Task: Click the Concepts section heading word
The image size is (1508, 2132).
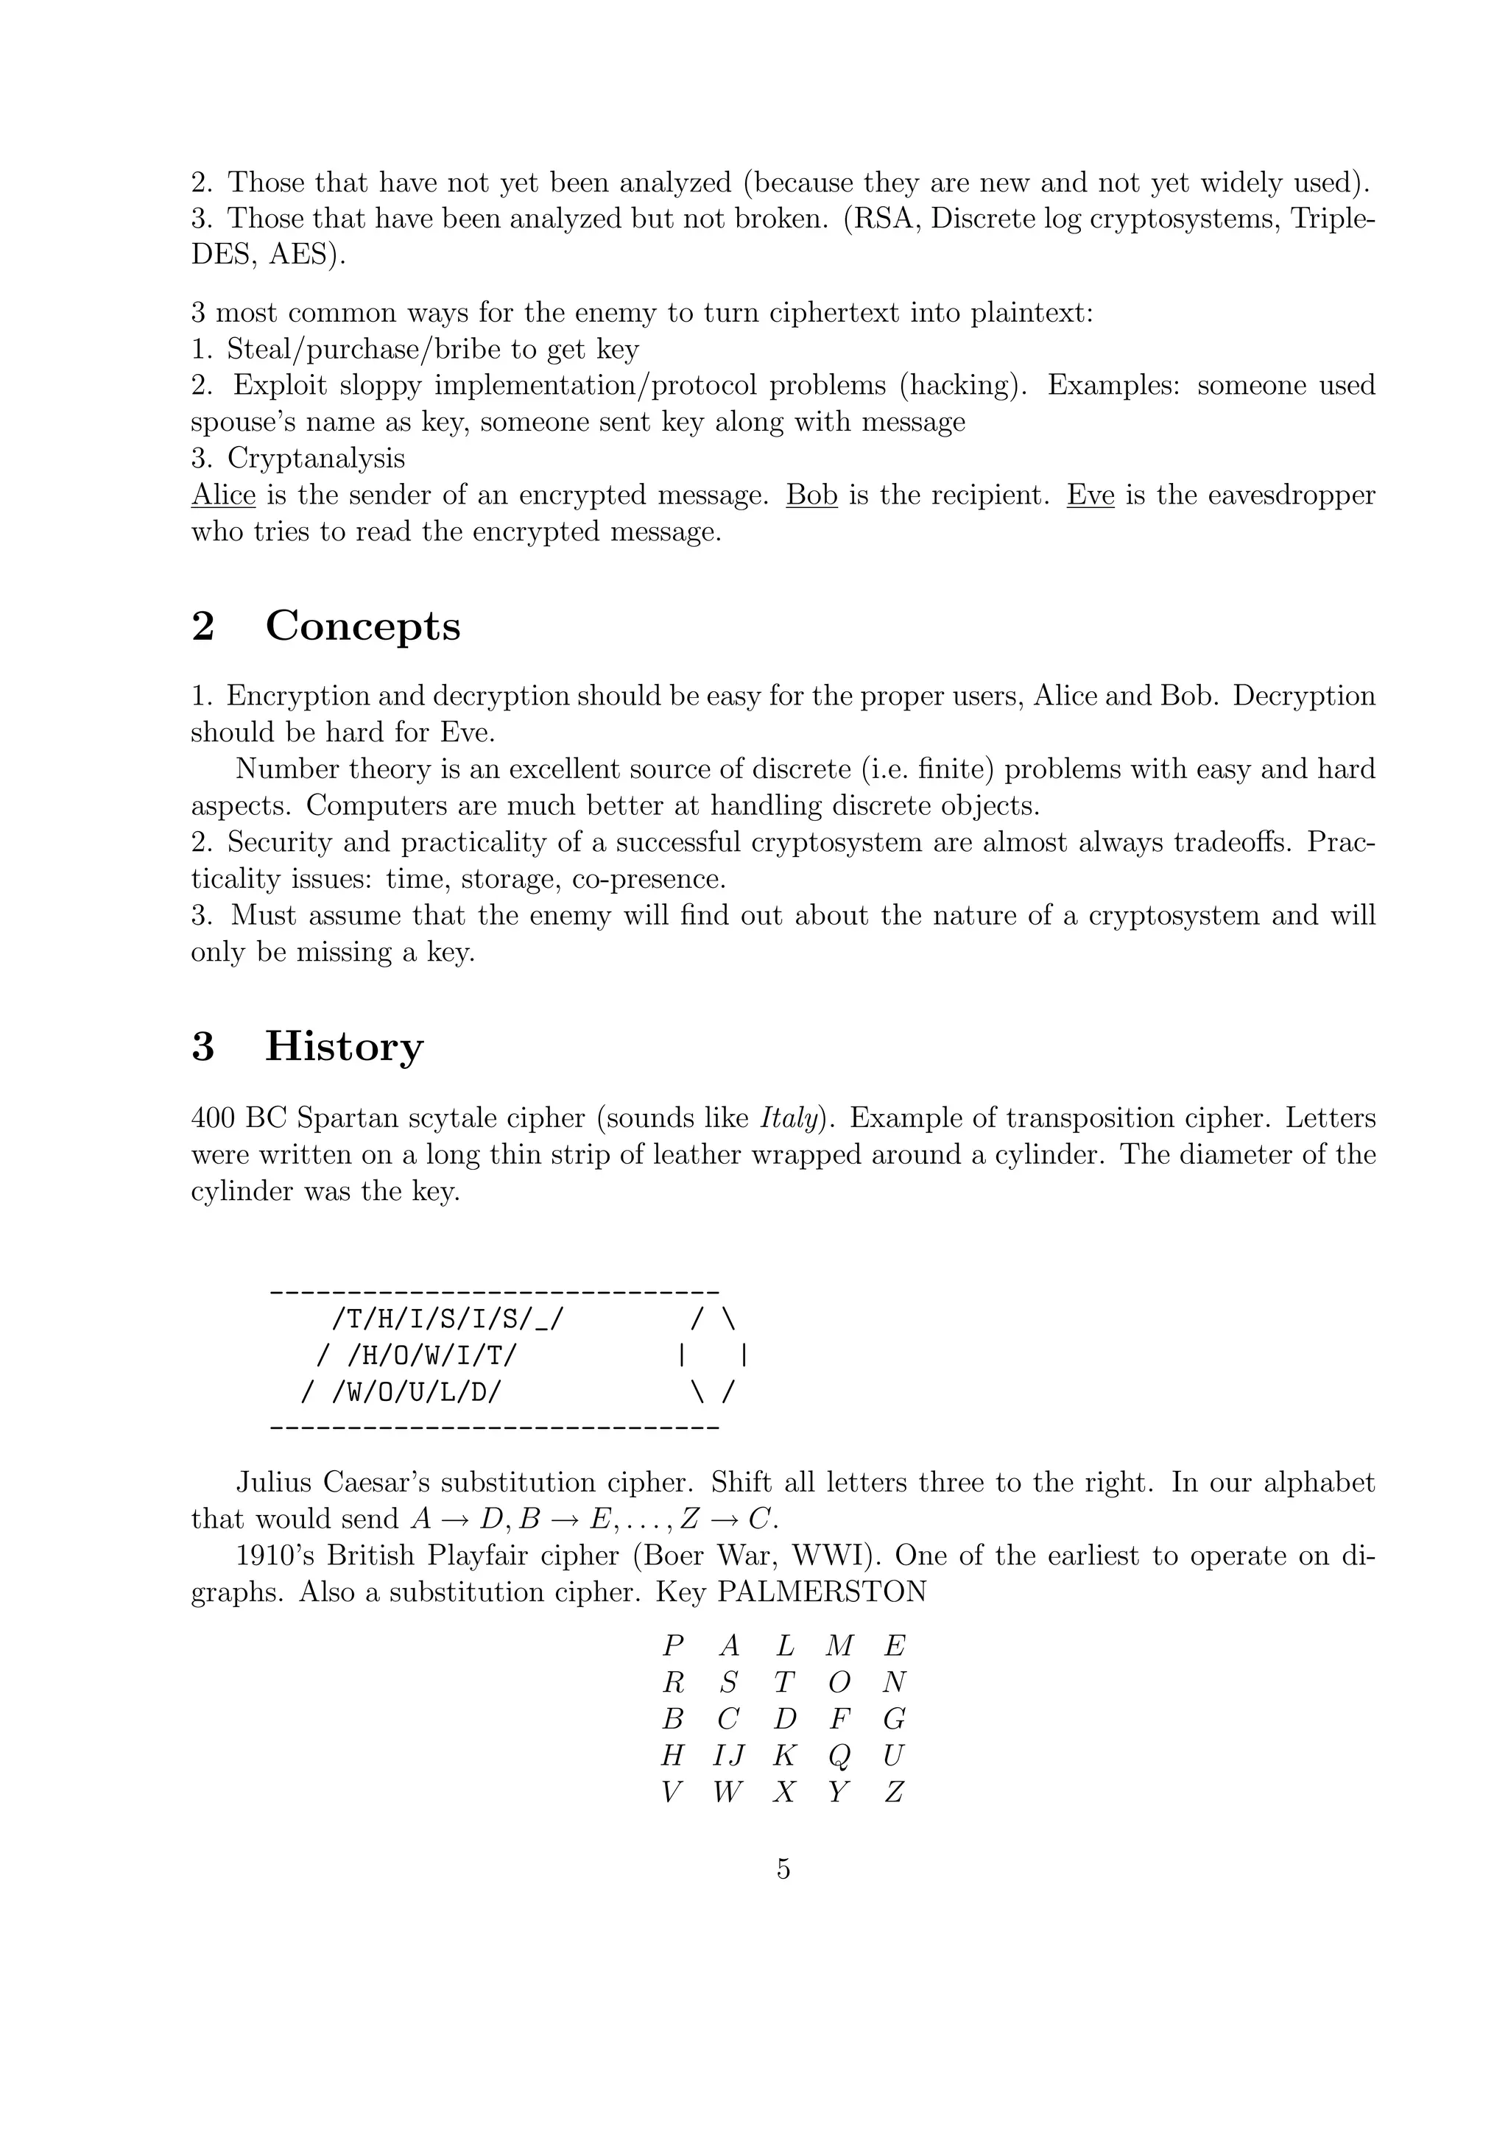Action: (x=362, y=626)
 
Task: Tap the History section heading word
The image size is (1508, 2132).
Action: (x=344, y=1047)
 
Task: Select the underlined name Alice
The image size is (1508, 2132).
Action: (x=223, y=495)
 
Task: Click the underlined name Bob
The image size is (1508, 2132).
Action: (x=811, y=495)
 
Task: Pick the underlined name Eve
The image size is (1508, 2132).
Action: (x=1091, y=495)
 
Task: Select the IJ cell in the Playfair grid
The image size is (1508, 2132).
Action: (x=729, y=1755)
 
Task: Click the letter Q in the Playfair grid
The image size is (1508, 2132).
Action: (x=839, y=1756)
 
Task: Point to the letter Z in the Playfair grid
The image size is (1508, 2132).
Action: (x=894, y=1792)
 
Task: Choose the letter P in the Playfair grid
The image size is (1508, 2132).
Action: (x=673, y=1645)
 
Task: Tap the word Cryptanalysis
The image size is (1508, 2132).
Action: (x=316, y=458)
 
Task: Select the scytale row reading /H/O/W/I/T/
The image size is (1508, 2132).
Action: (x=431, y=1356)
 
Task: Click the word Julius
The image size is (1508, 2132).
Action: (x=273, y=1482)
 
